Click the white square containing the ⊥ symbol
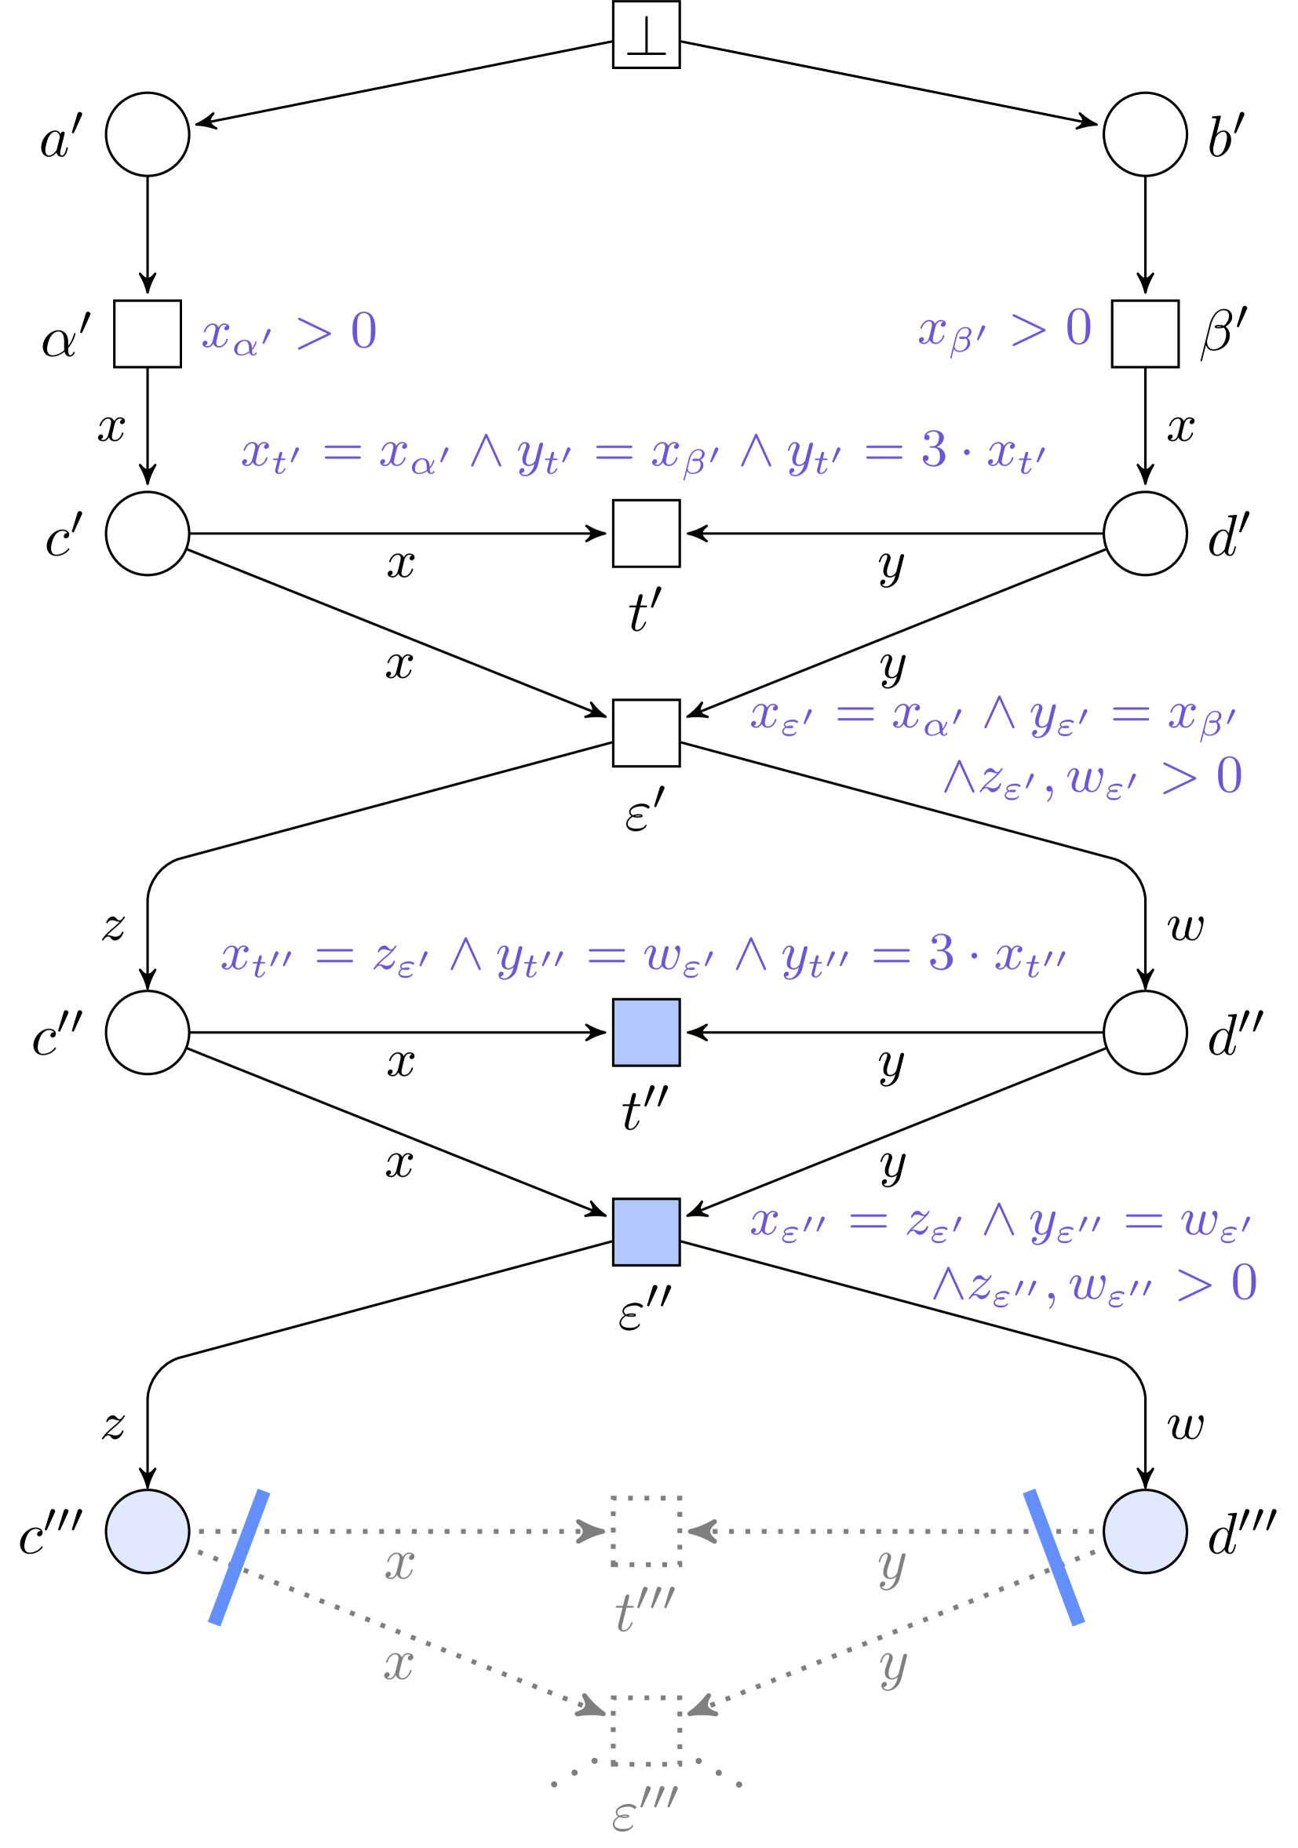point(646,35)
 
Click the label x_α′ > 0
point(289,333)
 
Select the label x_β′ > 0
point(1005,330)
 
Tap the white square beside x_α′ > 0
point(148,334)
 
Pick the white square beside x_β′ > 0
point(1144,334)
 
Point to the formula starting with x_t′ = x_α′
point(643,453)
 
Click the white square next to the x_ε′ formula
point(646,733)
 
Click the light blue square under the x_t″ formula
point(646,1033)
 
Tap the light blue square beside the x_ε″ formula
point(646,1232)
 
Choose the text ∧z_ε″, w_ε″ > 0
point(1095,1285)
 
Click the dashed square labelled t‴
point(646,1532)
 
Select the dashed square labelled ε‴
point(646,1731)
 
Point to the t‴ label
point(644,1610)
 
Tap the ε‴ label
point(644,1811)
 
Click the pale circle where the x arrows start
point(148,1532)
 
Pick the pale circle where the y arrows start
point(1144,1532)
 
